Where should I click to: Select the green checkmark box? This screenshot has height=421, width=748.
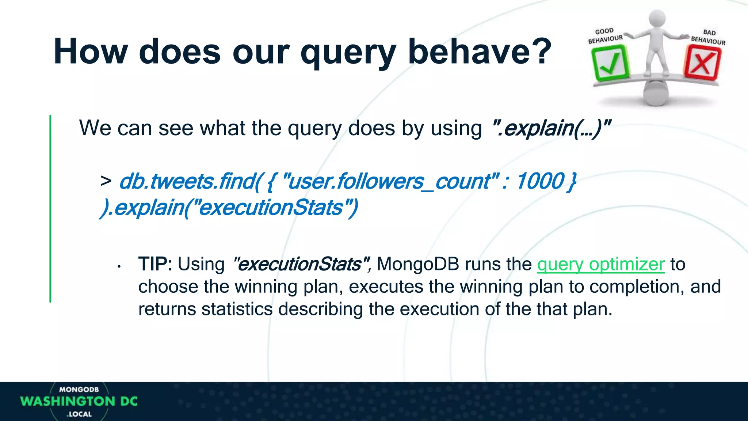610,63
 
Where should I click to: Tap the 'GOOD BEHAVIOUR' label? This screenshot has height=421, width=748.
605,35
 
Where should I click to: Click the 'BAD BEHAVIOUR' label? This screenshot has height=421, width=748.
708,38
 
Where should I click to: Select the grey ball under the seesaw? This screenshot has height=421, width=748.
656,94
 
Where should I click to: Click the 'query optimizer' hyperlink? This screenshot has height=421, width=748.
600,264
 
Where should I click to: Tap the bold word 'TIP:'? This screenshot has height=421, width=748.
155,264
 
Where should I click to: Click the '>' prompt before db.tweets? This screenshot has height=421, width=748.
106,181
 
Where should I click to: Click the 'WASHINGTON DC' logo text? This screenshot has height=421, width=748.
79,401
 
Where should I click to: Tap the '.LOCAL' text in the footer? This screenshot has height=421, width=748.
79,414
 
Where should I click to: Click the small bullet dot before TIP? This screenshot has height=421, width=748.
119,267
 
